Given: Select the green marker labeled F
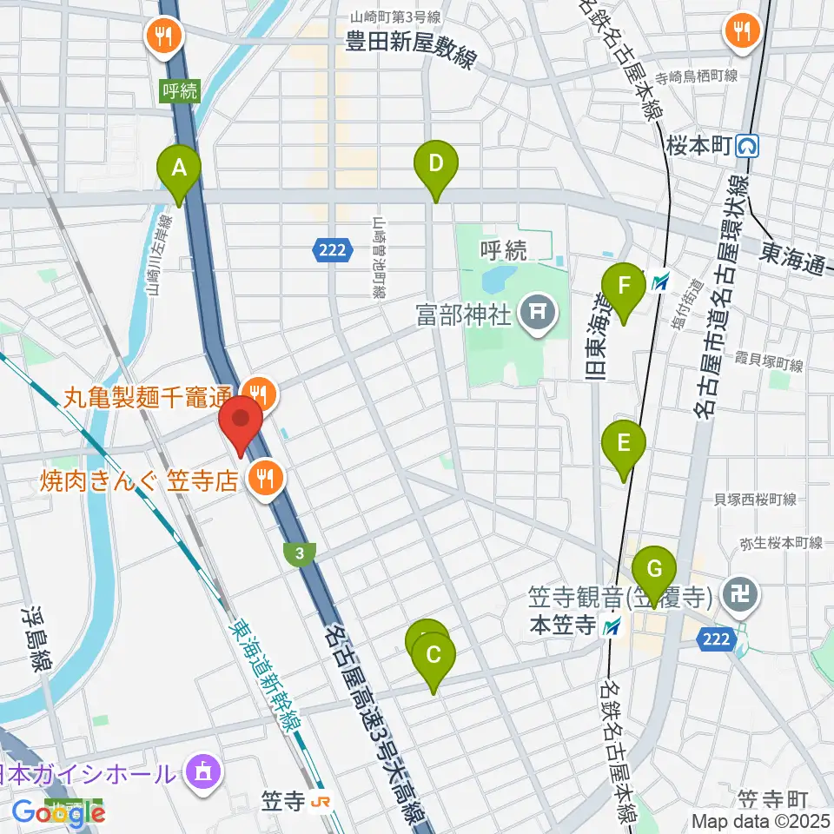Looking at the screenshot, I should (622, 287).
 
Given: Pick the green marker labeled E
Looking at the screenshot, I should (623, 445).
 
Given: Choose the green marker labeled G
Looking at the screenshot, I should (654, 571).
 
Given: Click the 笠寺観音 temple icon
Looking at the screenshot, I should (745, 596).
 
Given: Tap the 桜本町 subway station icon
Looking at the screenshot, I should (747, 145).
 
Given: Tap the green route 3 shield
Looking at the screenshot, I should (299, 552).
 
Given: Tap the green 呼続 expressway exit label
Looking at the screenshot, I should (179, 90).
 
